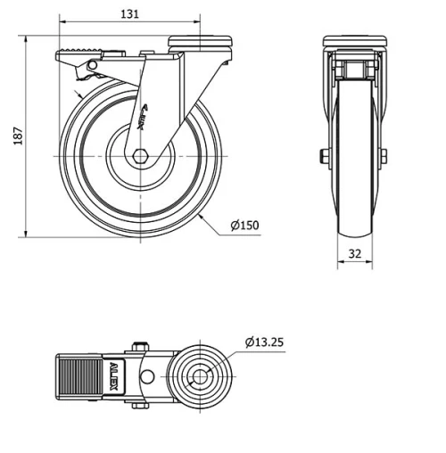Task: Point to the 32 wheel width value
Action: tap(355, 252)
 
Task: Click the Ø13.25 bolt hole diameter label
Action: tap(264, 342)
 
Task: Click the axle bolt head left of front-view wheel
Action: tap(323, 157)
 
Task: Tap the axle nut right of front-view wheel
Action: tap(384, 157)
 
